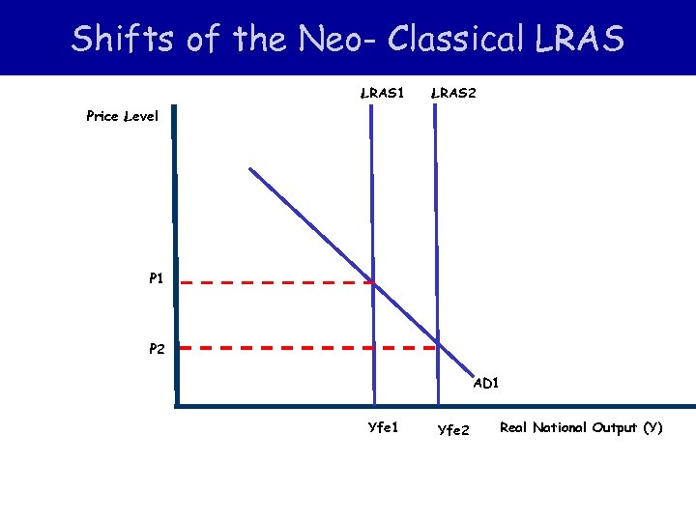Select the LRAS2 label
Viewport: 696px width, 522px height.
(x=452, y=94)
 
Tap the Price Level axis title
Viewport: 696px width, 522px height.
(x=115, y=116)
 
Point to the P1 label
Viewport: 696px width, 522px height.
(x=156, y=278)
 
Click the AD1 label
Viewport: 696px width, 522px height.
(x=486, y=384)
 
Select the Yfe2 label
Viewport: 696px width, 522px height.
(x=453, y=429)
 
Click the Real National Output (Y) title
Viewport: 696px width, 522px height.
(x=581, y=427)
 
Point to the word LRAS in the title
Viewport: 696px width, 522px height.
(x=577, y=39)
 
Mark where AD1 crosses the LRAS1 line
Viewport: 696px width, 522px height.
(x=372, y=283)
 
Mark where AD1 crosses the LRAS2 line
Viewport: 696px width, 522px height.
(x=438, y=346)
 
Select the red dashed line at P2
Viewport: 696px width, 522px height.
(x=309, y=347)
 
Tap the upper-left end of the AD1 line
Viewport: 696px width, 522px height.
(x=250, y=169)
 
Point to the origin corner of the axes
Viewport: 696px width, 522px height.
(x=178, y=404)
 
